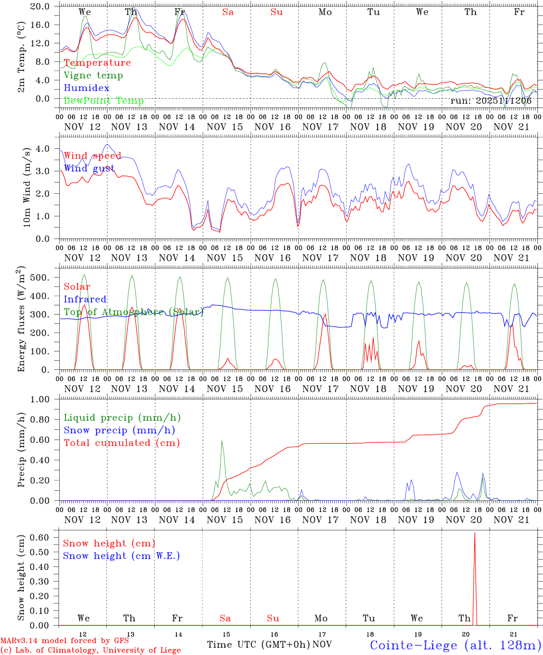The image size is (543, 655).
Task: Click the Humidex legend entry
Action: tap(86, 88)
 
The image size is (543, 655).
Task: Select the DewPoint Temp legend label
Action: tap(104, 101)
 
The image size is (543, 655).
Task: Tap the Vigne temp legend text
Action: tap(93, 76)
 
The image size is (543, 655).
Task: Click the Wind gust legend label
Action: tap(89, 169)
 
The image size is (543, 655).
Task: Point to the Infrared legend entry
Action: tap(85, 299)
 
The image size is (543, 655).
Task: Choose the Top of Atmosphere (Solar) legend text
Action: tap(133, 312)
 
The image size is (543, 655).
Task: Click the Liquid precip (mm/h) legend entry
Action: tap(122, 418)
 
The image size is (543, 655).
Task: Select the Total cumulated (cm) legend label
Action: tap(122, 443)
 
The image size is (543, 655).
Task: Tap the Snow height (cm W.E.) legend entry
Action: tap(121, 556)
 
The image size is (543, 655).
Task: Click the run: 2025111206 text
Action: tap(491, 101)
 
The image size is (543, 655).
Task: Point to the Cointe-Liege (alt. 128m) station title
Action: tap(456, 645)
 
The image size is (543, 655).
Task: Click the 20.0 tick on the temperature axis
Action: tap(41, 6)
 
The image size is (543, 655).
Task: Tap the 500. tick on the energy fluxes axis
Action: tap(44, 277)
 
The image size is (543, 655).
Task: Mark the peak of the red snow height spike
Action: tap(475, 533)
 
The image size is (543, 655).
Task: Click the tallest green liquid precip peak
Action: tap(221, 440)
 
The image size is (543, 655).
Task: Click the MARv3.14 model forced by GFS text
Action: tap(64, 641)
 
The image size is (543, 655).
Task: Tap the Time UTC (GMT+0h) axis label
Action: tap(258, 645)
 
